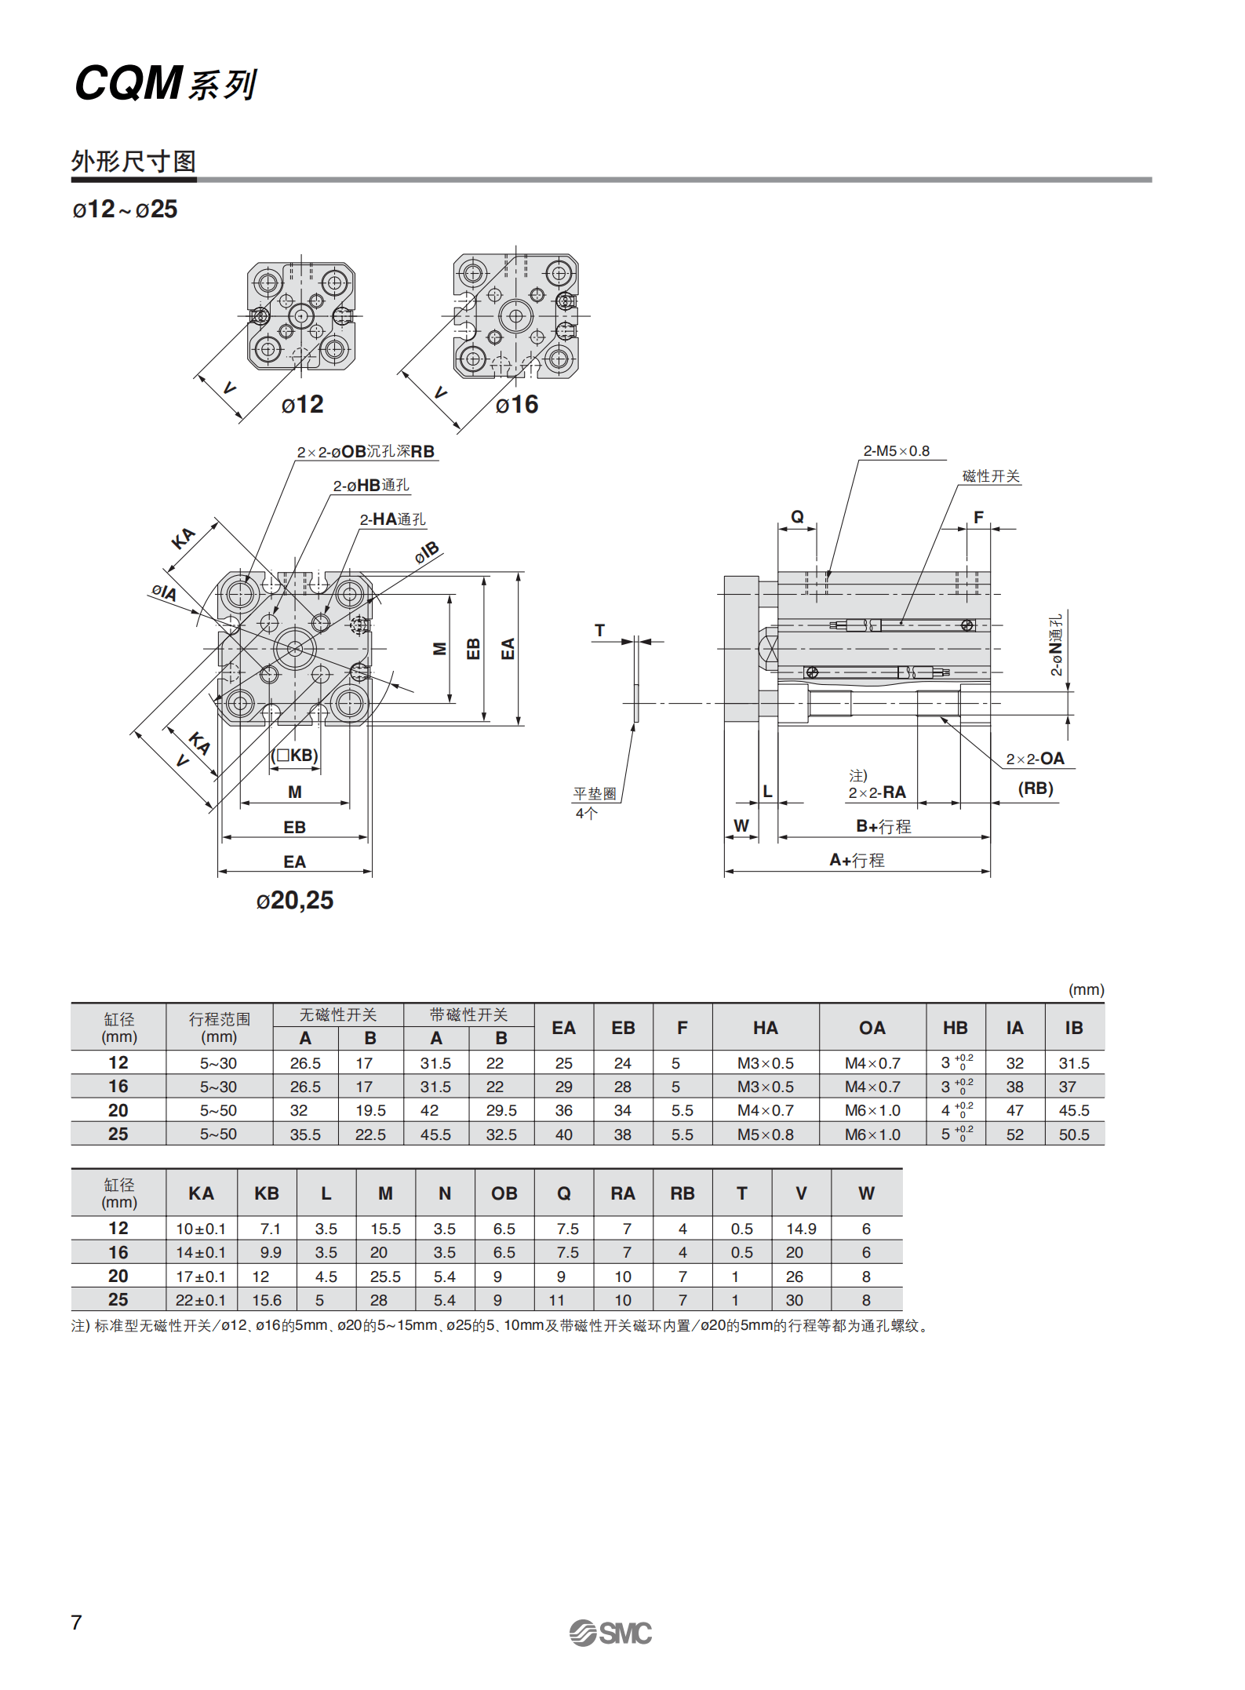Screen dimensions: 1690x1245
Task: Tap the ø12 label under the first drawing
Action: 302,405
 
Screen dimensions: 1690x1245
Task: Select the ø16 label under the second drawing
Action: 517,405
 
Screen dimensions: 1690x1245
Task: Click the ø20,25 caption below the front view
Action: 295,900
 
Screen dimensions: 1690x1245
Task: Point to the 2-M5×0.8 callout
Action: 896,451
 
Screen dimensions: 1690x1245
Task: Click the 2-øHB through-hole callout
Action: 371,486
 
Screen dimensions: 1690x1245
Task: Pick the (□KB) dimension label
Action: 295,756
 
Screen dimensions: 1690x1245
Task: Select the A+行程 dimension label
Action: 857,860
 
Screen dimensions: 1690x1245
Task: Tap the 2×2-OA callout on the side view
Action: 1035,759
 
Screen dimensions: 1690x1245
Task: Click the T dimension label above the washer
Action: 600,630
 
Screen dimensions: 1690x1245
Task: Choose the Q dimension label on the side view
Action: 797,516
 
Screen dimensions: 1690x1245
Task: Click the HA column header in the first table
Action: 765,1028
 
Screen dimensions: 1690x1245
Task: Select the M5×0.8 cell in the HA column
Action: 765,1135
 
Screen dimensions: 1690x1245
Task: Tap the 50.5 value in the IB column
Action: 1073,1135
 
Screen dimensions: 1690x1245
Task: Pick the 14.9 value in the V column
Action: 801,1229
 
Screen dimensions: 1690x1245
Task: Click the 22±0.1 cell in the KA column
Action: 200,1300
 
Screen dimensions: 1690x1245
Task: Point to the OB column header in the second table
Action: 504,1193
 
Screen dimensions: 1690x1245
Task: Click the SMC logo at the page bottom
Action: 610,1633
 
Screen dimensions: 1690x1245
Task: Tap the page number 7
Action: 76,1623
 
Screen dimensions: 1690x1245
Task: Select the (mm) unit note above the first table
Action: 1086,989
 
